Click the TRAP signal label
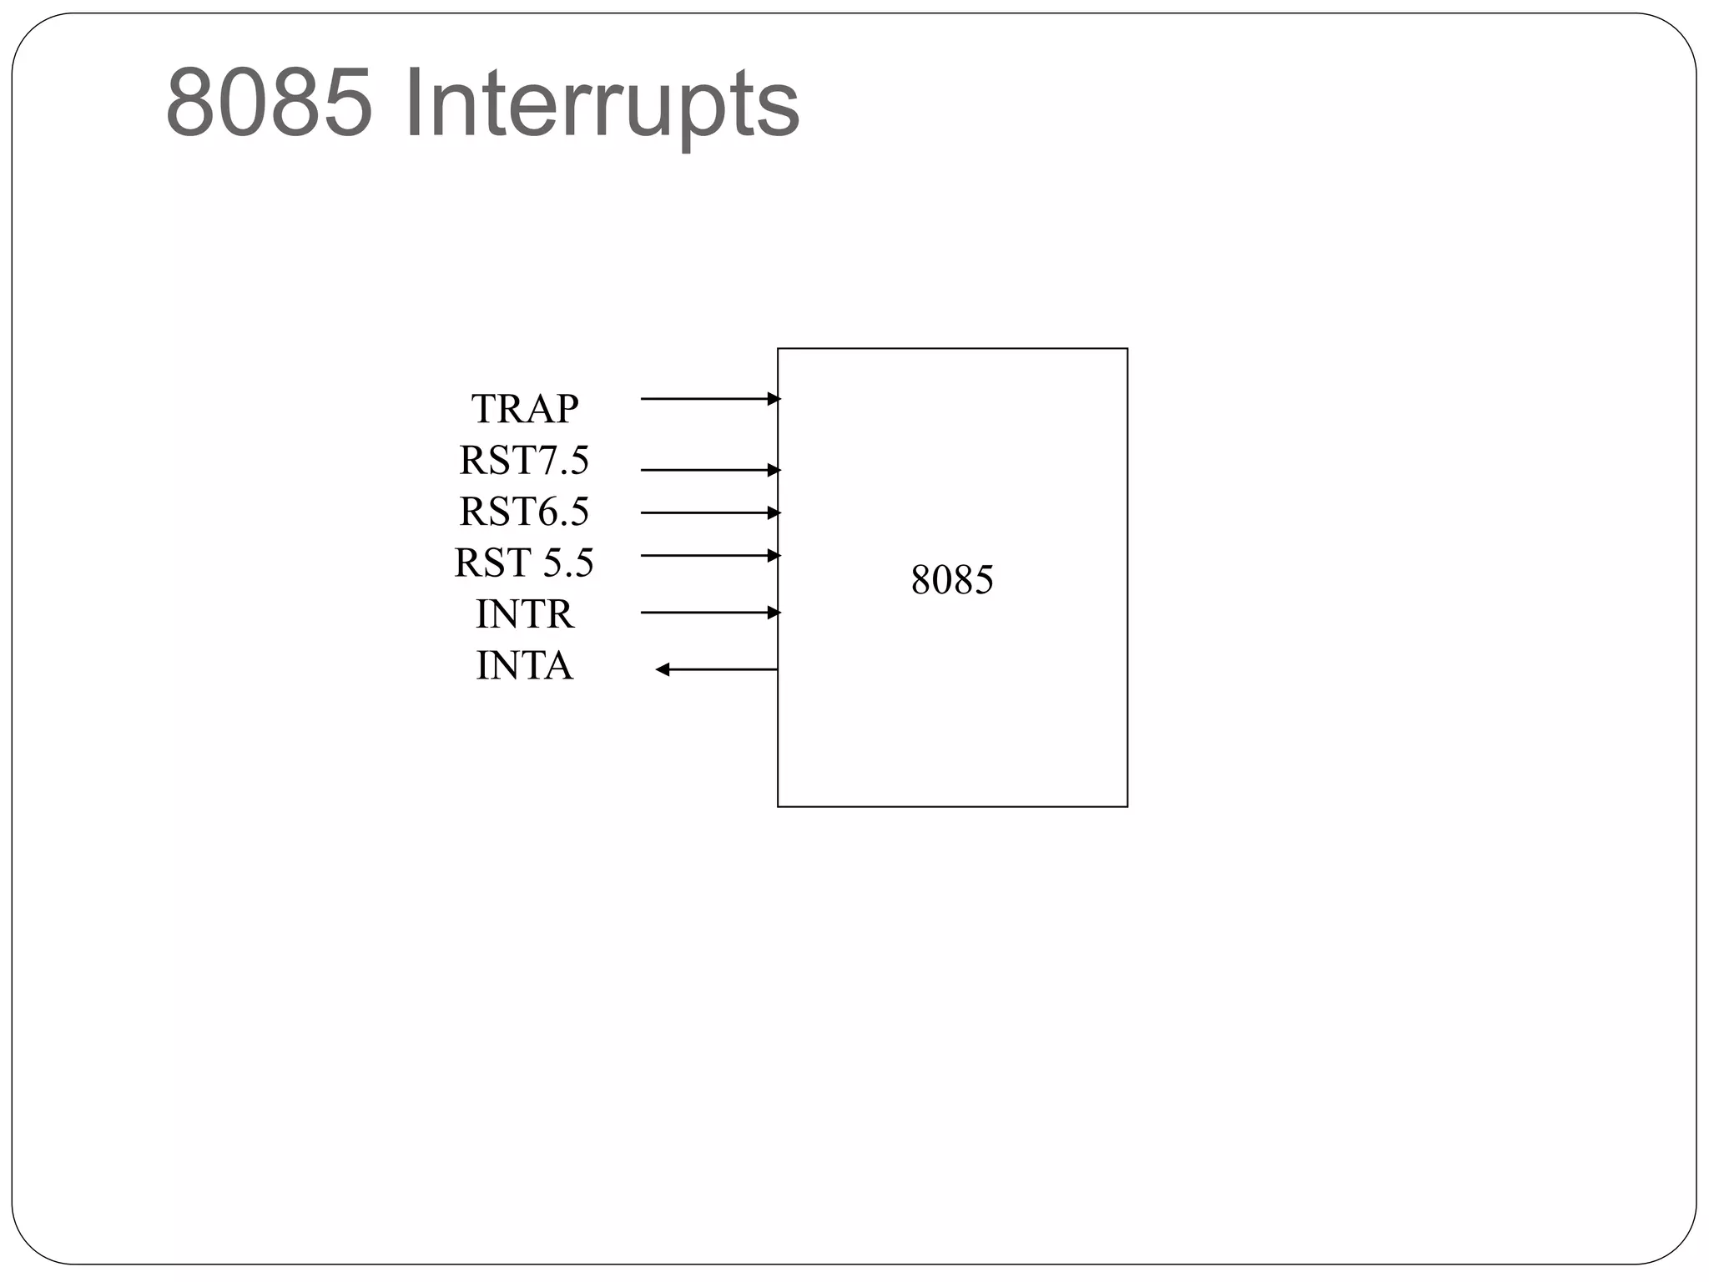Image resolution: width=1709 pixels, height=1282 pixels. tap(524, 409)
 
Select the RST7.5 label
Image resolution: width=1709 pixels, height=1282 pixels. tap(524, 461)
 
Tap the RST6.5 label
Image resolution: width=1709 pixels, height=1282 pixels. tap(524, 512)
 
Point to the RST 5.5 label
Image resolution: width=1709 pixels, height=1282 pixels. tap(524, 563)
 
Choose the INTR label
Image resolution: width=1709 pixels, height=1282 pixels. tap(524, 614)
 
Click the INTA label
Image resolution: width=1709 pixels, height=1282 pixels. tap(524, 666)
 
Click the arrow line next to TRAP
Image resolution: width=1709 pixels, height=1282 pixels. tap(705, 399)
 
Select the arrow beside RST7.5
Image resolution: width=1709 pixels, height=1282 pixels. tap(705, 471)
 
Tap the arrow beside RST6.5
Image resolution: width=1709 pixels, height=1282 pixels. tap(705, 512)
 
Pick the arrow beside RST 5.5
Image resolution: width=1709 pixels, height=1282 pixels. tap(705, 555)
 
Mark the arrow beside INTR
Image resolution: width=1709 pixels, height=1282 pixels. tap(705, 613)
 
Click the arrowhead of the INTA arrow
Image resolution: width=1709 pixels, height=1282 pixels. tap(663, 669)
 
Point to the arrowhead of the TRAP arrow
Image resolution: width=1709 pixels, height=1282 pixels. tap(774, 399)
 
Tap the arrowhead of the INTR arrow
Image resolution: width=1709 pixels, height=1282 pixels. tap(774, 613)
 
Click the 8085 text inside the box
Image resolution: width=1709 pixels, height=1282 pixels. tap(952, 580)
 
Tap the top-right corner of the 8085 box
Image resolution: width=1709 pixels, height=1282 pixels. tap(1127, 349)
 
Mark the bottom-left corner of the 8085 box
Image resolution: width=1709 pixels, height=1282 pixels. tap(778, 806)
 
